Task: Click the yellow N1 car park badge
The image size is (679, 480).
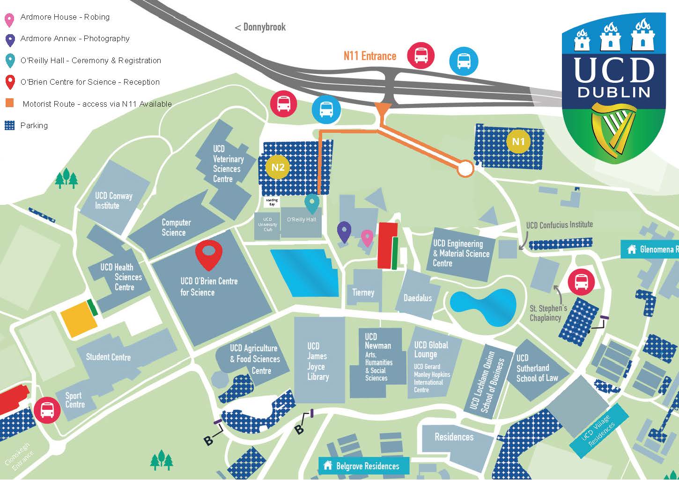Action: tap(518, 141)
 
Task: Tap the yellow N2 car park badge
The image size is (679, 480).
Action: tap(278, 167)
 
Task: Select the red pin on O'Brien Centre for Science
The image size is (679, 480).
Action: tap(208, 254)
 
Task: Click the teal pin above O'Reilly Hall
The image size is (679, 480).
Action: tap(312, 203)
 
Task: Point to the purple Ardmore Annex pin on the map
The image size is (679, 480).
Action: tap(344, 231)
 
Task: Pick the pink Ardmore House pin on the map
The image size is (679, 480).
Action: tap(367, 237)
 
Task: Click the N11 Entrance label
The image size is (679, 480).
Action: tap(369, 56)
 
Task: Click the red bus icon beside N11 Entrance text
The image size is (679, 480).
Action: tap(421, 55)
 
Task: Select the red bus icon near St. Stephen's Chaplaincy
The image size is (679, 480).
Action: tap(581, 282)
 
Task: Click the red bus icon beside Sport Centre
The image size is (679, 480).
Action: tap(47, 410)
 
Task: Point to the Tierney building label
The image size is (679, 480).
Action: tap(363, 292)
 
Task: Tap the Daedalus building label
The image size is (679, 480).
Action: tap(418, 298)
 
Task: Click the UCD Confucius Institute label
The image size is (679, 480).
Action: tap(559, 225)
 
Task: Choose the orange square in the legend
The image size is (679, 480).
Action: tap(9, 103)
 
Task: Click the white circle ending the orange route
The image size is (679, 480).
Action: tap(465, 168)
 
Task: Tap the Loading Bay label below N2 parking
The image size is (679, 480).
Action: tap(272, 202)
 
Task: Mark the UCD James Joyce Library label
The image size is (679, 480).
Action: tap(317, 361)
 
